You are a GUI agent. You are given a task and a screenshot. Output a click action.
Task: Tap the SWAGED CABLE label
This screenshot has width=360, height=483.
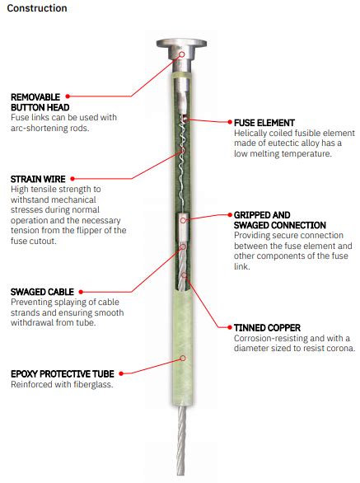click(41, 292)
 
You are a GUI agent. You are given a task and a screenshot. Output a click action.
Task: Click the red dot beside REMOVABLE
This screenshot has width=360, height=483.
click(68, 96)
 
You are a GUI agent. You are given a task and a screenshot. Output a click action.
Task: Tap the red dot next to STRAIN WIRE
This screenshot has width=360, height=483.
click(72, 178)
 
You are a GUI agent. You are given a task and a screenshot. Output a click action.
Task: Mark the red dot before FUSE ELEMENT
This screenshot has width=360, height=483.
click(227, 122)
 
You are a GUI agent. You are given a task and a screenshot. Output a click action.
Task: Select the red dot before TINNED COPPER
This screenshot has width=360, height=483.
click(227, 327)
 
